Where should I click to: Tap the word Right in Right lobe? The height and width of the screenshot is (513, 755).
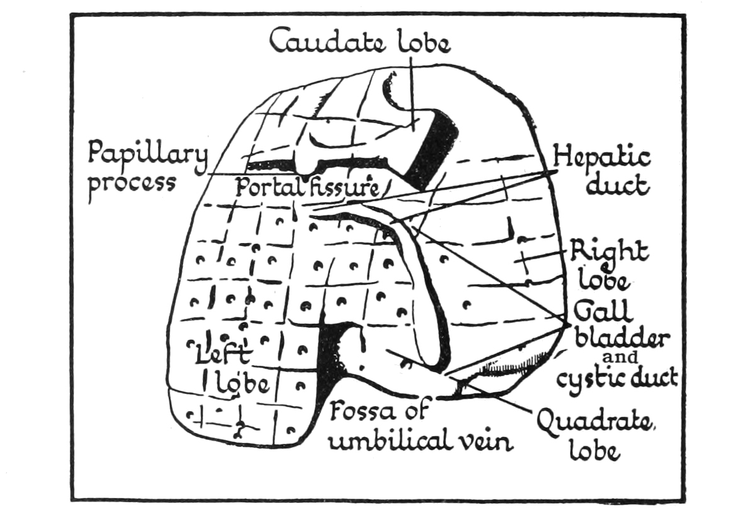(608, 251)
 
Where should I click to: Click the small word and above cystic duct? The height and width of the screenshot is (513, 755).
(620, 358)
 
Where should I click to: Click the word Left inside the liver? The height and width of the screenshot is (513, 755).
(223, 355)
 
